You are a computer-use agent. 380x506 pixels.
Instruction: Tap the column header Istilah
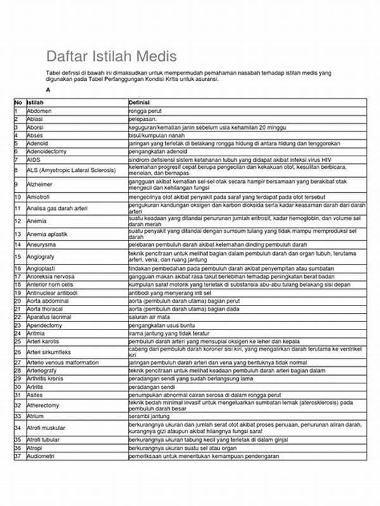[x=36, y=102]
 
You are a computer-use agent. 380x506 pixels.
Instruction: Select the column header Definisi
[x=139, y=102]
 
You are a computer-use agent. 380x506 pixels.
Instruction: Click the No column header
[x=18, y=102]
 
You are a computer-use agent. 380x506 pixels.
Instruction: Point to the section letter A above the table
[x=48, y=90]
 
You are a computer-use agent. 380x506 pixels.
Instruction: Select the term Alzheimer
[x=40, y=183]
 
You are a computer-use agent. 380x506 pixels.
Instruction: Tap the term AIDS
[x=33, y=161]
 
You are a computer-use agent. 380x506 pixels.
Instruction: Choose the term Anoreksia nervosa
[x=50, y=277]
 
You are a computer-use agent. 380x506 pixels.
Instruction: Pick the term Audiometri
[x=42, y=456]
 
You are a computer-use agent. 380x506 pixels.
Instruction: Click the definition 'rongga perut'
[x=146, y=111]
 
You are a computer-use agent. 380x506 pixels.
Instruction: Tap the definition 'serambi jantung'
[x=149, y=416]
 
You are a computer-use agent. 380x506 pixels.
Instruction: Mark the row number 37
[x=18, y=456]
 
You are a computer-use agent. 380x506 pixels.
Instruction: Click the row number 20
[x=18, y=300]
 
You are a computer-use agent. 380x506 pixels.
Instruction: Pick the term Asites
[x=35, y=393]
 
